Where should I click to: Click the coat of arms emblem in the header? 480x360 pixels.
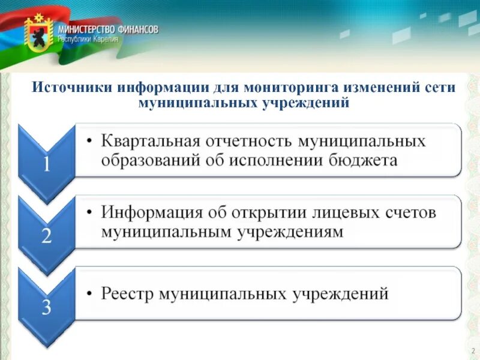38,33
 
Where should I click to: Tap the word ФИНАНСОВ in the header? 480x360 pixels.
139,29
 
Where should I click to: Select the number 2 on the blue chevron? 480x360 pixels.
46,236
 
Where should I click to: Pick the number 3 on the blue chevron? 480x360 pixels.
46,307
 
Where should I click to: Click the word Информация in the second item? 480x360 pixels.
153,212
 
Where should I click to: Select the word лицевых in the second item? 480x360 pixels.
343,212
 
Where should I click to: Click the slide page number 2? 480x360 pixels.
472,350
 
